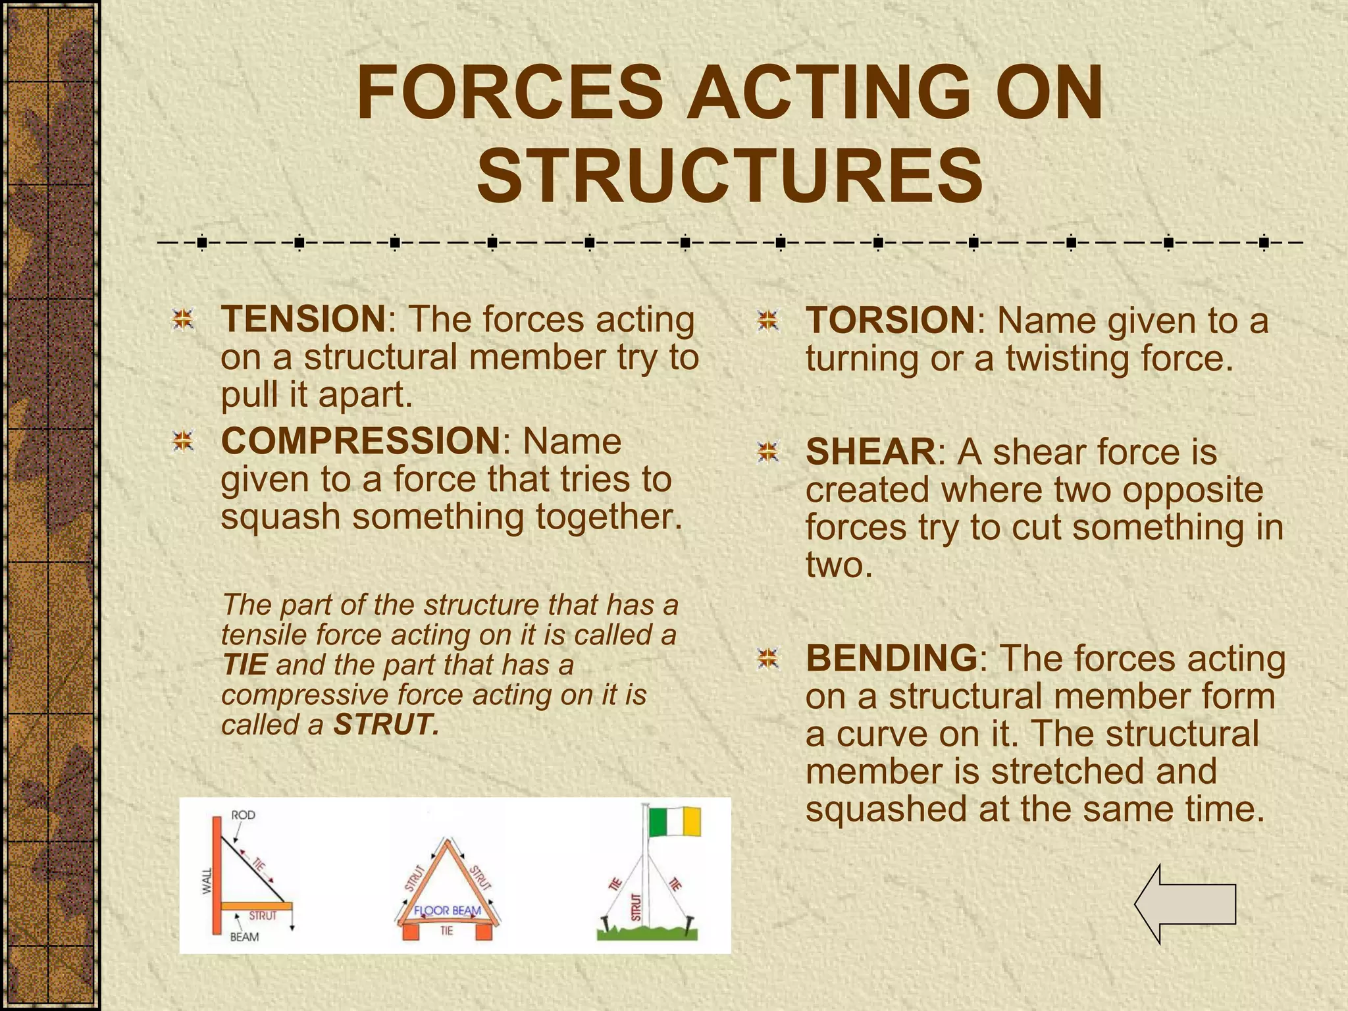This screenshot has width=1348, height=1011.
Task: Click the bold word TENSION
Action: coord(303,319)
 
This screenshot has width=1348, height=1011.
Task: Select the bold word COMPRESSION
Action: coord(361,440)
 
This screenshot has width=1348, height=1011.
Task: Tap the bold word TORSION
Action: coord(890,321)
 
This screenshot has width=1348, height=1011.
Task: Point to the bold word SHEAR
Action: coord(870,452)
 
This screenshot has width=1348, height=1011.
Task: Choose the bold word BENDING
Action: coord(892,658)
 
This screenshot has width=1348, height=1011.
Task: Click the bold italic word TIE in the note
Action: coord(244,665)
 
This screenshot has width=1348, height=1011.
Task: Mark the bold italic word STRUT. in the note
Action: coord(386,725)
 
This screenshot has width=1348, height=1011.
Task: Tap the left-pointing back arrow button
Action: coord(1185,904)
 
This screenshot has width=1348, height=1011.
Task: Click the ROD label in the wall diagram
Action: coord(243,815)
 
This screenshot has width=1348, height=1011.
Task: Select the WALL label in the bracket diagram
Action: coord(207,881)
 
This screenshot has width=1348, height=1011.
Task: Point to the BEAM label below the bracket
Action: coord(244,937)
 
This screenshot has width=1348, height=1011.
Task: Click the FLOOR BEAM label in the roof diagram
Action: coord(448,910)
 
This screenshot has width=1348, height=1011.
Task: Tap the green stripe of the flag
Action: coord(658,820)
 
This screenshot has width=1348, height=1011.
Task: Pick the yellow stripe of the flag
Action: coord(692,820)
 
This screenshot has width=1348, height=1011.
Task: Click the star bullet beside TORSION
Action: coord(767,321)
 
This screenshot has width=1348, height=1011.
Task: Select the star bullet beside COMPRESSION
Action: coord(183,441)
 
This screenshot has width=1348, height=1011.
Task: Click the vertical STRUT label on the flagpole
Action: coord(636,906)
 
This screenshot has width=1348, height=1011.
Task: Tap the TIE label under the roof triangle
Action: coord(447,931)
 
